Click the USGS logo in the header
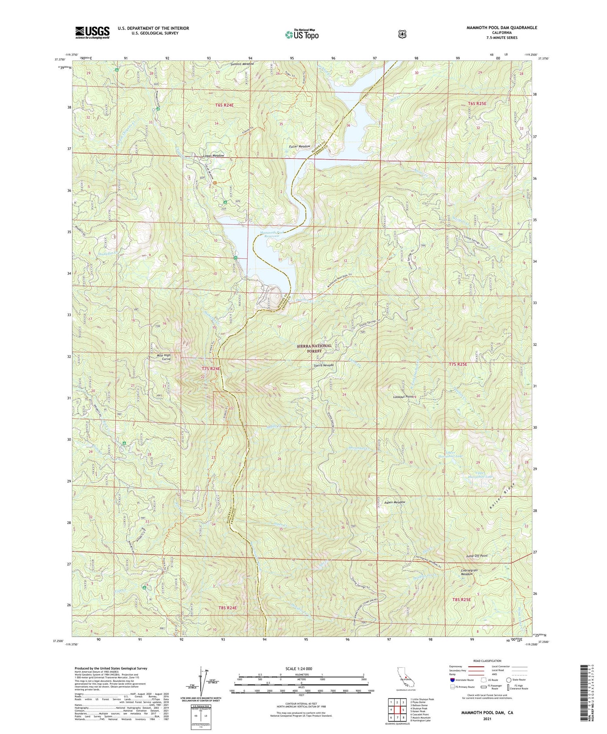(x=92, y=32)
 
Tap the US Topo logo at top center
(x=301, y=34)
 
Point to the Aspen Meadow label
(x=394, y=502)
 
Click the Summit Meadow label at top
(x=242, y=64)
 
